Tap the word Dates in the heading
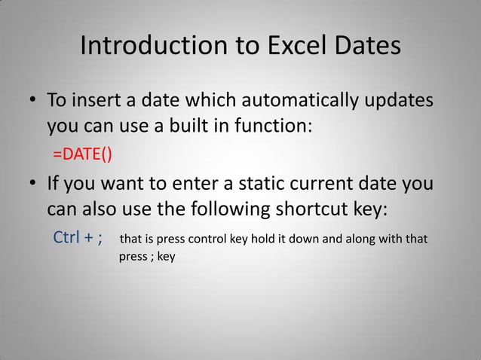pos(366,46)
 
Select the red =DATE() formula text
pos(82,155)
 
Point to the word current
pos(335,184)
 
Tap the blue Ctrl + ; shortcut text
pos(78,239)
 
